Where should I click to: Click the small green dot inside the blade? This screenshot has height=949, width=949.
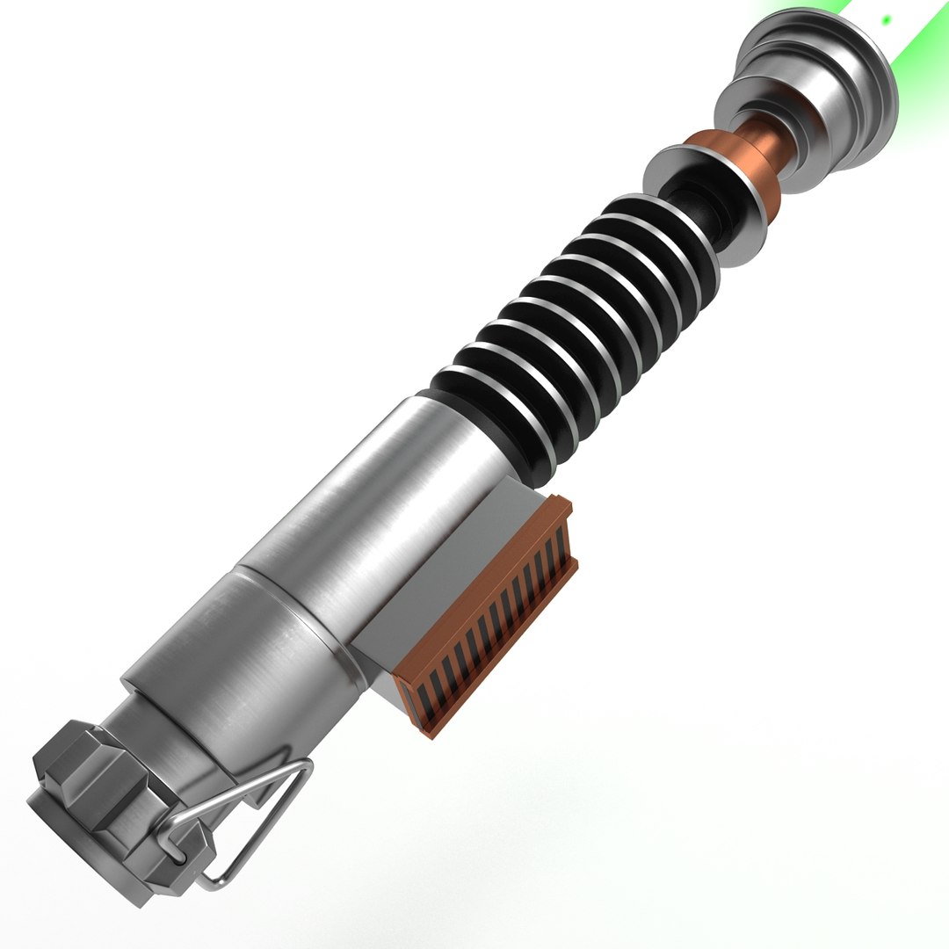click(887, 18)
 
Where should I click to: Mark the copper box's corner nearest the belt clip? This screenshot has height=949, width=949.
click(431, 729)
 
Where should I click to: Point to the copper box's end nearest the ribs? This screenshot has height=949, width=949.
click(562, 505)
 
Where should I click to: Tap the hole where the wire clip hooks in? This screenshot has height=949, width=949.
click(176, 851)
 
